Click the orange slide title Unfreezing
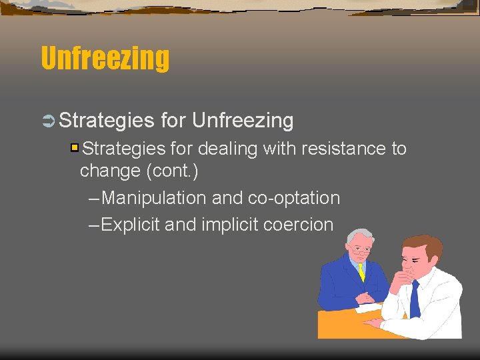pyautogui.click(x=105, y=58)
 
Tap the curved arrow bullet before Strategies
pyautogui.click(x=49, y=121)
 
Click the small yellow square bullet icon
pyautogui.click(x=75, y=147)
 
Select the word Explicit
pyautogui.click(x=131, y=225)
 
